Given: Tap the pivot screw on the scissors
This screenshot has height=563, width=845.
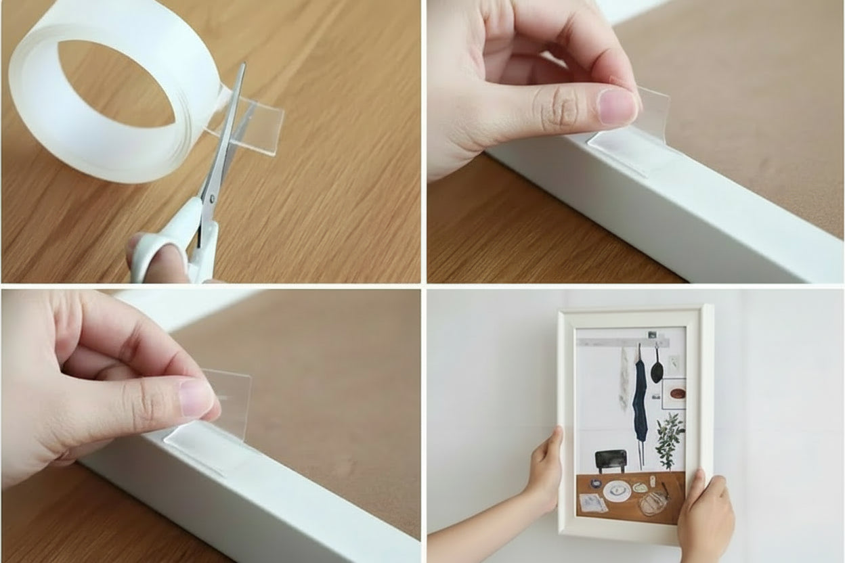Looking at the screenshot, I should point(210,199).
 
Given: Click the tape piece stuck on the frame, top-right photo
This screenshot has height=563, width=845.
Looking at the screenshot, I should point(626,149).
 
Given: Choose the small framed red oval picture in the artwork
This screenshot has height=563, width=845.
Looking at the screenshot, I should point(675,393).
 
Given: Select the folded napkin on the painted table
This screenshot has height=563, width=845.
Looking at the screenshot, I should point(594,502).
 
